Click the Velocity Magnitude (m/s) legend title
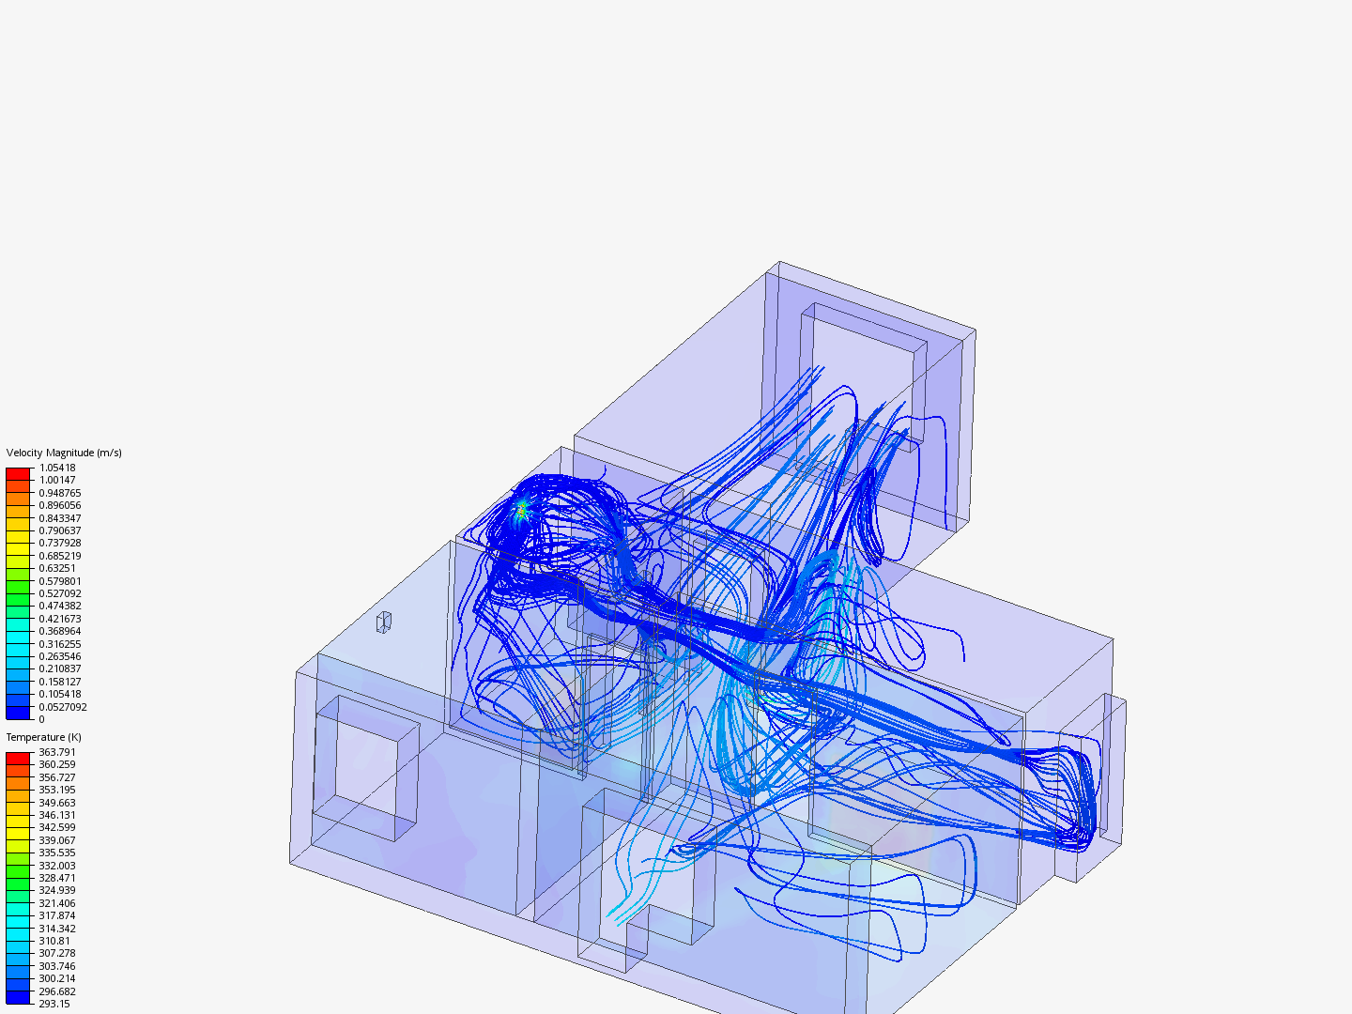tap(64, 453)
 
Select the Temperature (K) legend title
tap(44, 737)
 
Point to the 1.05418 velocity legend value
tap(57, 468)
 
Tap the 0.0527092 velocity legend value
tap(63, 707)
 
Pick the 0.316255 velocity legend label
tap(60, 644)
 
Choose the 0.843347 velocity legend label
tap(60, 518)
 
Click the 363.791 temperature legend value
tap(57, 752)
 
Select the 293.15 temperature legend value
tap(54, 1004)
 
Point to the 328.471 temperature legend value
tap(57, 878)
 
